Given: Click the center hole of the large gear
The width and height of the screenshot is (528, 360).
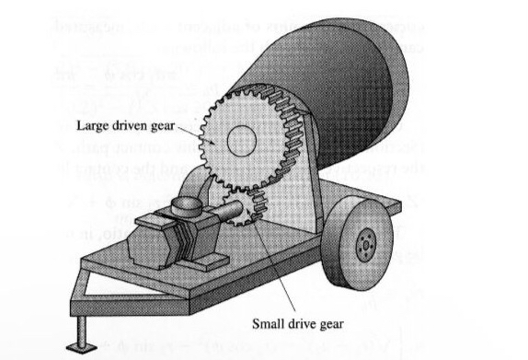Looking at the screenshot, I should point(242,141).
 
